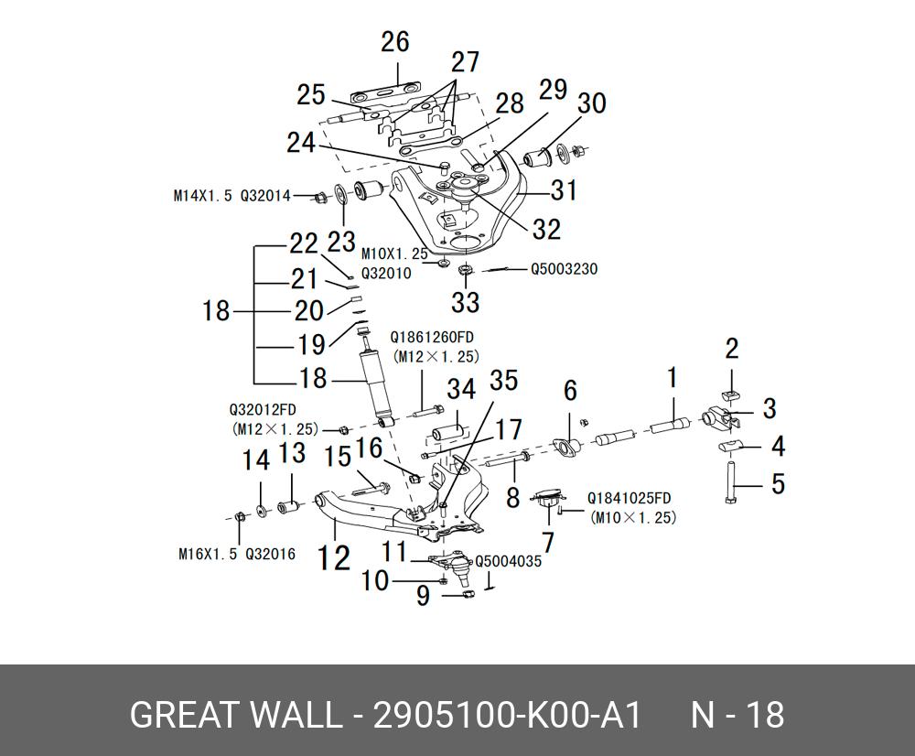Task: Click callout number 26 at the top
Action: pyautogui.click(x=395, y=42)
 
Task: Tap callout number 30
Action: pyautogui.click(x=592, y=103)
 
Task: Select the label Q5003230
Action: pyautogui.click(x=565, y=270)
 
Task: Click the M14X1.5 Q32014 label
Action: pyautogui.click(x=231, y=196)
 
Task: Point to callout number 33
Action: pyautogui.click(x=465, y=301)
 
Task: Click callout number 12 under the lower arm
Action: pyautogui.click(x=334, y=556)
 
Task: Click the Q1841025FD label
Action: pyautogui.click(x=629, y=499)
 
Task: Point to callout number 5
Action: pyautogui.click(x=778, y=482)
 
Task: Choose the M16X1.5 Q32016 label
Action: pyautogui.click(x=236, y=554)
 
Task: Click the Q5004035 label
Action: pyautogui.click(x=508, y=561)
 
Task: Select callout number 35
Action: pyautogui.click(x=504, y=380)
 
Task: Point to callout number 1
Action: pyautogui.click(x=672, y=376)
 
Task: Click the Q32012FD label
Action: pyautogui.click(x=263, y=409)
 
